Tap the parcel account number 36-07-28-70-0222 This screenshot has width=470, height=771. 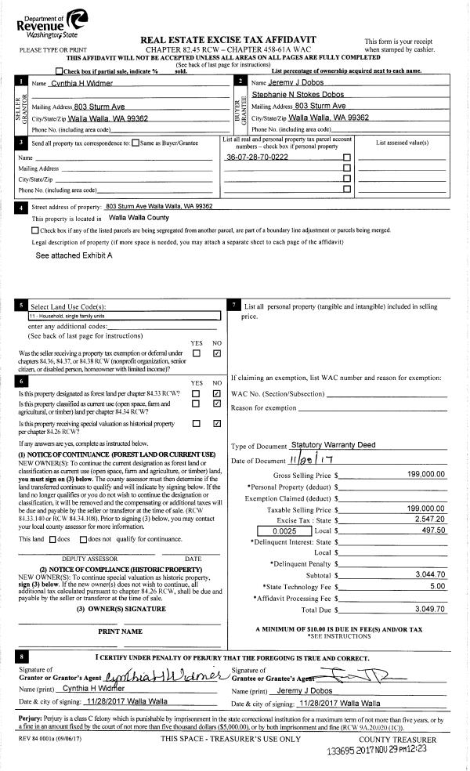click(257, 157)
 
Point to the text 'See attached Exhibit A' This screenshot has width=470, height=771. click(74, 255)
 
